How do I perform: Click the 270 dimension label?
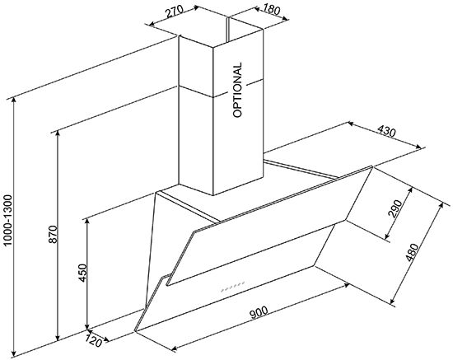click(x=175, y=12)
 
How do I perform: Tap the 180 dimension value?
click(x=272, y=11)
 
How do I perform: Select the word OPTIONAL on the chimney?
click(x=237, y=90)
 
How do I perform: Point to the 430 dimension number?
click(x=386, y=132)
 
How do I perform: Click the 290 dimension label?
click(x=395, y=208)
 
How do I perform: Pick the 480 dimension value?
click(x=411, y=253)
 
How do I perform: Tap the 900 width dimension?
click(x=259, y=312)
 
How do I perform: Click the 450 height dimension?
click(x=82, y=273)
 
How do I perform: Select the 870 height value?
click(x=54, y=234)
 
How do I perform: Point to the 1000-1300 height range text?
click(x=8, y=221)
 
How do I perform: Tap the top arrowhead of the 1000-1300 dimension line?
click(x=13, y=101)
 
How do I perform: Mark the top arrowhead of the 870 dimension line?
click(x=58, y=133)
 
